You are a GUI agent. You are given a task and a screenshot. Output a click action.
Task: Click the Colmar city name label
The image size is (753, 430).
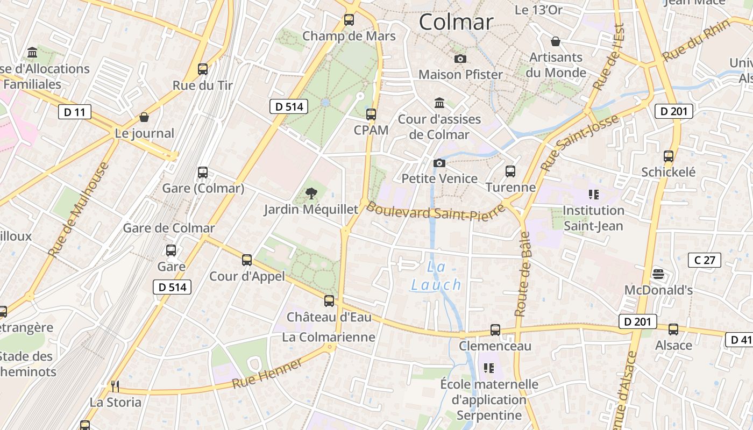[456, 22]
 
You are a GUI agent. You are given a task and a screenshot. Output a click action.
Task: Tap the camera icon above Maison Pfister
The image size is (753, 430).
[460, 59]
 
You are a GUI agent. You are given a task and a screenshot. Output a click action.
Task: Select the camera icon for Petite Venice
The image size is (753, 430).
[439, 163]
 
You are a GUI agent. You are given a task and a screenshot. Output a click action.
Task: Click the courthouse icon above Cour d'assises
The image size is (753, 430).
[439, 103]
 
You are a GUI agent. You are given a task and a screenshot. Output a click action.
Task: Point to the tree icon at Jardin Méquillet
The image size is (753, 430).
[311, 193]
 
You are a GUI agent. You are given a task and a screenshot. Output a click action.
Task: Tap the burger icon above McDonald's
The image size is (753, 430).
[658, 274]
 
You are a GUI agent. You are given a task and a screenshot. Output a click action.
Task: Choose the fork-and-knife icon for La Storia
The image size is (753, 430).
[115, 386]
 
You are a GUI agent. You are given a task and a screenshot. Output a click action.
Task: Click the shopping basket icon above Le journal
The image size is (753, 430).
[144, 117]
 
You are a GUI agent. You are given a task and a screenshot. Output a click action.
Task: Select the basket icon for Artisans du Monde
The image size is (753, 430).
[556, 41]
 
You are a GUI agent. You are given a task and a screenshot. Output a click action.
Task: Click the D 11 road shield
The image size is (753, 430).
[74, 112]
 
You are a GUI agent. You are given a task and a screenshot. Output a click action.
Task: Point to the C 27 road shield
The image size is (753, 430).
[705, 261]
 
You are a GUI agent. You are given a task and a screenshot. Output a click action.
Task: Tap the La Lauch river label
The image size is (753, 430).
[436, 276]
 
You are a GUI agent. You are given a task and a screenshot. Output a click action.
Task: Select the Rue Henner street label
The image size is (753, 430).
[267, 374]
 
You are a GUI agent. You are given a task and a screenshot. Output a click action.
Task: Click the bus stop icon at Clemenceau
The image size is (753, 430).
[495, 330]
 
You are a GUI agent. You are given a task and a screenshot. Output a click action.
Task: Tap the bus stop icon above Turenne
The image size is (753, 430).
[510, 171]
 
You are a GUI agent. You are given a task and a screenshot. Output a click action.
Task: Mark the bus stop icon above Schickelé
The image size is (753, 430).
[669, 156]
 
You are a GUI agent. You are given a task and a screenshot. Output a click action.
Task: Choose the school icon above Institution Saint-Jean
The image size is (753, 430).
[594, 194]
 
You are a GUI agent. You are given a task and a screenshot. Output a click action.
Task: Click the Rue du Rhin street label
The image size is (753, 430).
[697, 40]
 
